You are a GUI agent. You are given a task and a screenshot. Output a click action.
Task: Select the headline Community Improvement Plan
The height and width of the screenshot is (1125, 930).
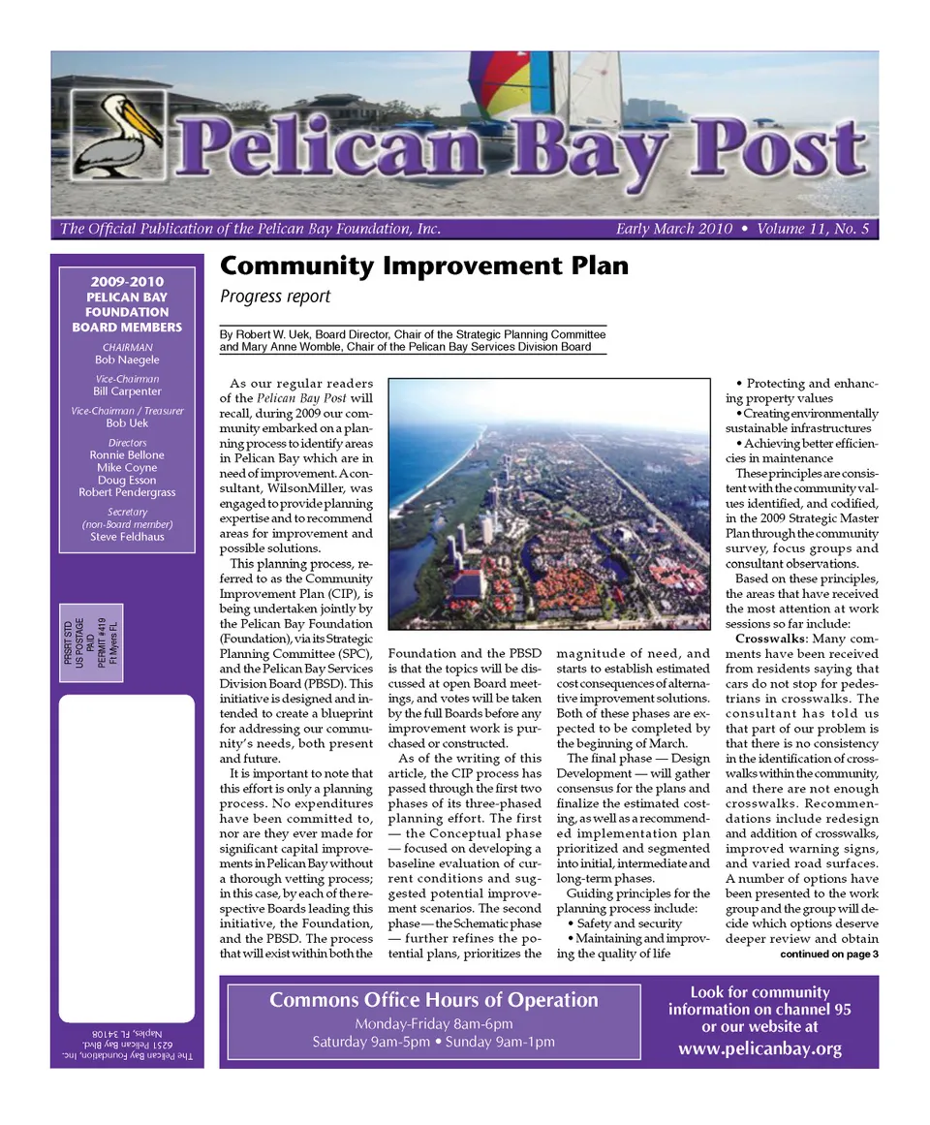(x=424, y=266)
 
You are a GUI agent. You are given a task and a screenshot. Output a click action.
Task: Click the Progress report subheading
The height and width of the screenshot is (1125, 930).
(x=275, y=297)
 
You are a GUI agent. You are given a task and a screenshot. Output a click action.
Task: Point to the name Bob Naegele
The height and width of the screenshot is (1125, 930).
(x=127, y=359)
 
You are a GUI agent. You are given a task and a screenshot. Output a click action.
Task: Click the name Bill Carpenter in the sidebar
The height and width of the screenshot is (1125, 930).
(x=127, y=391)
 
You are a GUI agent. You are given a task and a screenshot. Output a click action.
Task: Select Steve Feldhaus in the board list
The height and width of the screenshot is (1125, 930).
(x=127, y=536)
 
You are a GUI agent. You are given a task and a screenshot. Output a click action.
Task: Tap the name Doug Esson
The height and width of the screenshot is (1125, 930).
(x=127, y=480)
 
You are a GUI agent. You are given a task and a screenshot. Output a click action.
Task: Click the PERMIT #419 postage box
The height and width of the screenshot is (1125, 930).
(x=91, y=642)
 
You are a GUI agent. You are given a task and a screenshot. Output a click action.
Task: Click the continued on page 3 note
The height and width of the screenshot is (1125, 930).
(x=828, y=954)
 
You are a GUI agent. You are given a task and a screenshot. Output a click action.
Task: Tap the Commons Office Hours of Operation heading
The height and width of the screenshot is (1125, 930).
(x=433, y=1000)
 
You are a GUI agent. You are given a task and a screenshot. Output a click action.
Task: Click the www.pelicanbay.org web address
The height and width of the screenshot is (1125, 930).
(x=759, y=1048)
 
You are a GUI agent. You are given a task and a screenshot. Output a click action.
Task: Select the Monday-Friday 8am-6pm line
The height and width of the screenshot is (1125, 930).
(x=433, y=1024)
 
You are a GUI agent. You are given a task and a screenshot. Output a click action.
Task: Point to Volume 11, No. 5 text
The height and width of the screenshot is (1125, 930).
(x=813, y=230)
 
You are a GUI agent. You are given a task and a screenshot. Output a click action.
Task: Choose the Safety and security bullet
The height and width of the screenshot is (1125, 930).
(x=623, y=923)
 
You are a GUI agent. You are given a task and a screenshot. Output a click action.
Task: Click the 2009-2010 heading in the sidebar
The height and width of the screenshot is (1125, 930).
(x=127, y=282)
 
